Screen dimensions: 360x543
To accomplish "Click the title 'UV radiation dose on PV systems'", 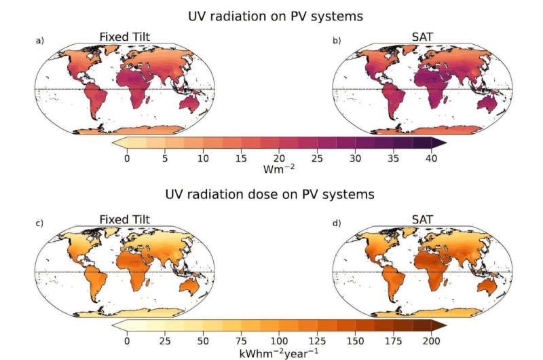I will coord(270,195).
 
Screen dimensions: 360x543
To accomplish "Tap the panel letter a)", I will coord(39,41).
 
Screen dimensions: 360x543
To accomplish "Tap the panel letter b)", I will coord(337,41).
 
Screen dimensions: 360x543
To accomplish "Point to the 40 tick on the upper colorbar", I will coord(431,158).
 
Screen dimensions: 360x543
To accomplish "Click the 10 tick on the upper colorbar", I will coord(203,158).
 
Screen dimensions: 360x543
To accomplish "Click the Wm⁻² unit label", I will coord(278,168).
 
